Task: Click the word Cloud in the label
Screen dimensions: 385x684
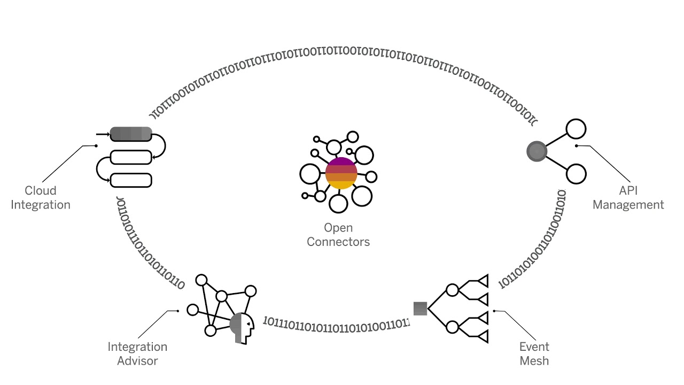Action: click(x=41, y=190)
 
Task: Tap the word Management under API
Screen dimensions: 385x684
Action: click(x=628, y=204)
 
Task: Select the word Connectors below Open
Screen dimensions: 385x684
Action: click(x=338, y=242)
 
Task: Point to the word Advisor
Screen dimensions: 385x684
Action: click(x=138, y=360)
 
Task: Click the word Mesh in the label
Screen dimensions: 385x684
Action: click(x=534, y=360)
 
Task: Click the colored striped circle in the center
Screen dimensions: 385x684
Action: click(x=341, y=173)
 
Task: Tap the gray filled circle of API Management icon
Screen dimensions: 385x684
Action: click(x=537, y=152)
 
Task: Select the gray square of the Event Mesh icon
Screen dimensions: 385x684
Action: click(x=420, y=309)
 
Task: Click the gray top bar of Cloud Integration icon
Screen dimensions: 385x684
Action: click(x=131, y=134)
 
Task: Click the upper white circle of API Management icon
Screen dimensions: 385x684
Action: click(x=576, y=129)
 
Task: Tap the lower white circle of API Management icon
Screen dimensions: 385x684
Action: click(x=576, y=174)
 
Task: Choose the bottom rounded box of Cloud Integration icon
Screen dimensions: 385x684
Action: click(x=131, y=180)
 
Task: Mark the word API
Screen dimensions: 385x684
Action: click(x=628, y=190)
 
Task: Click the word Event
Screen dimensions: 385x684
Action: click(x=534, y=346)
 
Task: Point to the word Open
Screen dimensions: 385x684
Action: click(x=338, y=228)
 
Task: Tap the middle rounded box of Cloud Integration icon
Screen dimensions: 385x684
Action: click(x=131, y=157)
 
